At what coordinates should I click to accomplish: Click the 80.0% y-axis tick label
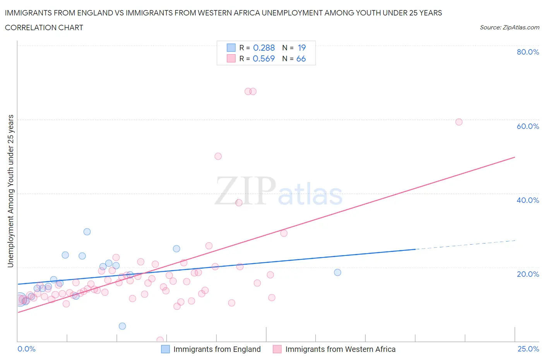528,52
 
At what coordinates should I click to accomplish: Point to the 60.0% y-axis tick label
528,126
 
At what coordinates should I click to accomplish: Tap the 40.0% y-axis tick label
528,200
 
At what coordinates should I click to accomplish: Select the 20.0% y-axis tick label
528,274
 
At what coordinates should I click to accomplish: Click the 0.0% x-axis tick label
26,349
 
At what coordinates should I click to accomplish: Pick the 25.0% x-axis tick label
528,349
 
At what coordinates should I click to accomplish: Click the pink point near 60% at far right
459,122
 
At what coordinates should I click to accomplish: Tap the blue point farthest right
337,272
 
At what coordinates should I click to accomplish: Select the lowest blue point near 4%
122,326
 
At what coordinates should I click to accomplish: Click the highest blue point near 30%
87,231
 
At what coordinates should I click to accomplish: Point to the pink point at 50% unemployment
218,156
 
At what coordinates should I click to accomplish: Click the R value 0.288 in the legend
263,48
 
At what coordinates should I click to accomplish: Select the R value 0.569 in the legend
263,58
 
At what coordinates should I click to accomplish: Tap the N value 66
301,58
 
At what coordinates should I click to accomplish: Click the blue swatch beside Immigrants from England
165,349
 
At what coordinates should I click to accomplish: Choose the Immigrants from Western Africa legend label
340,349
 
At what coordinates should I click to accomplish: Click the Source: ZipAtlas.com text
509,27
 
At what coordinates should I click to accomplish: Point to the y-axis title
11,191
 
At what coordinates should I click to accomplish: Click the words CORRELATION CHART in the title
44,27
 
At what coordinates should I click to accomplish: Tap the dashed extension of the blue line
464,245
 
